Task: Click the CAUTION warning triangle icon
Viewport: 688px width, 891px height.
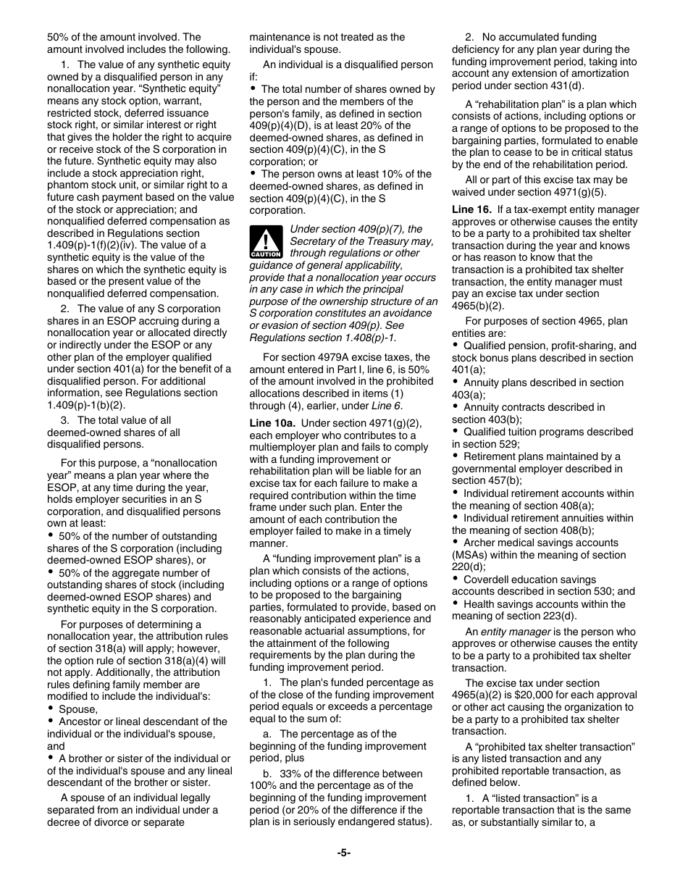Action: coord(266,242)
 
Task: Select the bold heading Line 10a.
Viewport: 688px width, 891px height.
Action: coord(272,423)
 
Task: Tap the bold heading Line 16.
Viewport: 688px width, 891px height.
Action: coord(472,209)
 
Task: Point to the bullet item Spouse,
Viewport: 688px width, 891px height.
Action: coord(77,709)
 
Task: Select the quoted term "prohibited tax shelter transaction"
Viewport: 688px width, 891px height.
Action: coord(550,747)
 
